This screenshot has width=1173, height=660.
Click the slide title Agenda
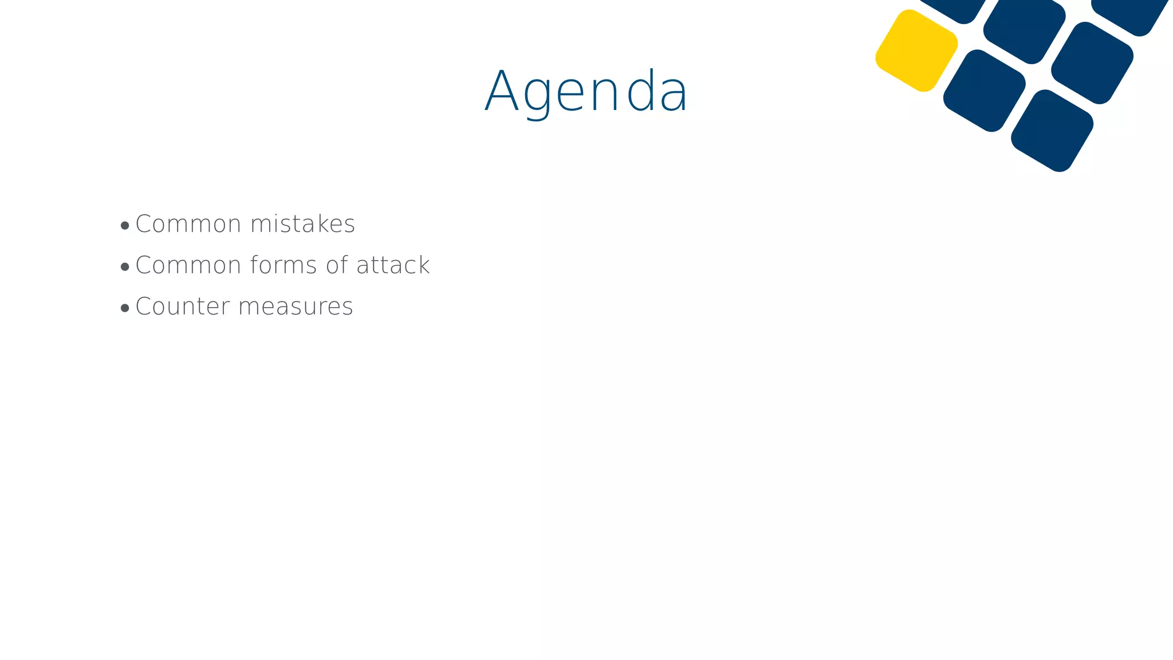coord(586,92)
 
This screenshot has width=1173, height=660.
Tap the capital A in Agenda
coord(502,92)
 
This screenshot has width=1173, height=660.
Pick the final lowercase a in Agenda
coord(674,96)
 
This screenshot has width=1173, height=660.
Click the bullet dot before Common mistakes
coord(125,226)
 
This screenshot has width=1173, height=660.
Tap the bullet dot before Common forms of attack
coord(125,267)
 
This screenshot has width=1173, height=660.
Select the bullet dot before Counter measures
coord(125,308)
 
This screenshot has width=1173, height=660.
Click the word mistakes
coord(303,224)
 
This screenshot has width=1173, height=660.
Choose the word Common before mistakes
coord(188,224)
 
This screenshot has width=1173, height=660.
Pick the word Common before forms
coord(188,265)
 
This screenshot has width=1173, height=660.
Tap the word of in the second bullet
coord(337,265)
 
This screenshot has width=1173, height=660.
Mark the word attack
coord(393,265)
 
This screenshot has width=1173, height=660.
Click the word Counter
coord(183,307)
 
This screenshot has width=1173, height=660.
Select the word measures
coord(296,307)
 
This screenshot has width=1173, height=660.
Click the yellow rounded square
coord(916,50)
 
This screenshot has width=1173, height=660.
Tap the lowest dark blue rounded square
coord(1052,131)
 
